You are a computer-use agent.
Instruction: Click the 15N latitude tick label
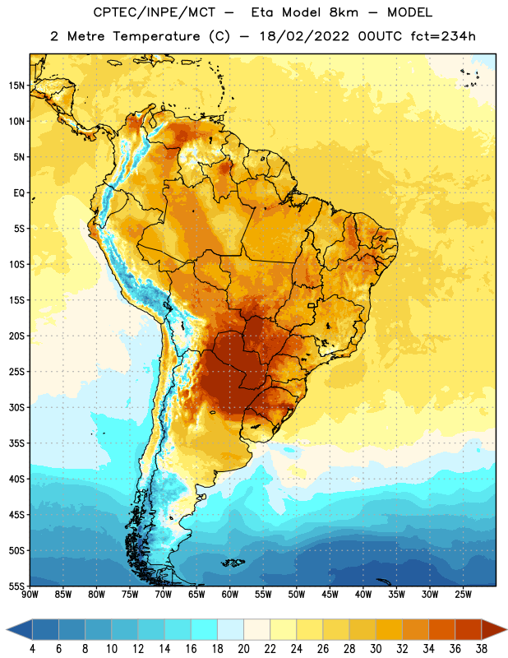16,86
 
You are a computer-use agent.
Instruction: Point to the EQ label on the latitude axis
19,193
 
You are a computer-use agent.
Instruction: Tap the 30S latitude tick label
16,407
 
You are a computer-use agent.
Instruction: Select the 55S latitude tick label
16,586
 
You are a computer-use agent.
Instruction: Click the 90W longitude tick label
30,595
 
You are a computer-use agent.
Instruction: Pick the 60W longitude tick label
230,595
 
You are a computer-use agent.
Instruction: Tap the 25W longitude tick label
463,595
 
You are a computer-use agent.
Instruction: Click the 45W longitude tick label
330,595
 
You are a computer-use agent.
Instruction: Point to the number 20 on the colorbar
243,649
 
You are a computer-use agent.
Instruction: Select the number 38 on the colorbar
482,649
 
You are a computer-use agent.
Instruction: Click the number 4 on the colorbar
32,649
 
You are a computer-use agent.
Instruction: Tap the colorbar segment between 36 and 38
469,629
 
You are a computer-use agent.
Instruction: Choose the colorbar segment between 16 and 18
205,629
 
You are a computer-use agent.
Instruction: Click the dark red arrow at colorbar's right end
493,629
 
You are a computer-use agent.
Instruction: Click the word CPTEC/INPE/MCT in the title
155,12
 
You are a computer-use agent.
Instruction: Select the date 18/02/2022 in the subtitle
304,36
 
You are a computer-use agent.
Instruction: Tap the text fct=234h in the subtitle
443,36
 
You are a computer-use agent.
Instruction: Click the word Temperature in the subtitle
156,36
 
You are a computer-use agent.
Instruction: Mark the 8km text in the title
344,12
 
